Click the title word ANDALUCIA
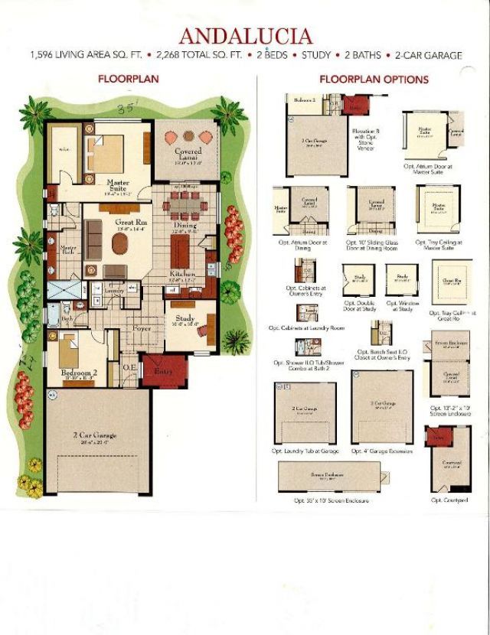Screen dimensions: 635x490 pyautogui.click(x=245, y=36)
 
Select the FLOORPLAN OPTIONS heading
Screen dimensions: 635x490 pyautogui.click(x=374, y=79)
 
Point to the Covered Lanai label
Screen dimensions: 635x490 pyautogui.click(x=188, y=155)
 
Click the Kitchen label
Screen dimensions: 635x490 pyautogui.click(x=183, y=274)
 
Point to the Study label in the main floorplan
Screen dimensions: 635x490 pyautogui.click(x=185, y=318)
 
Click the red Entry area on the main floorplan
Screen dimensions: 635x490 pyautogui.click(x=163, y=371)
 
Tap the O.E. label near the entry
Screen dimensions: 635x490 pyautogui.click(x=129, y=367)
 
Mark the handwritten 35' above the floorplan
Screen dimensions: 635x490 pyautogui.click(x=126, y=108)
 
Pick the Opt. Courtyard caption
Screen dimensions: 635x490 pyautogui.click(x=449, y=500)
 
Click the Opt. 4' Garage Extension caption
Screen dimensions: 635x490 pyautogui.click(x=382, y=451)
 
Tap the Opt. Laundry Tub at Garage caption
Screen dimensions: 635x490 pyautogui.click(x=305, y=451)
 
